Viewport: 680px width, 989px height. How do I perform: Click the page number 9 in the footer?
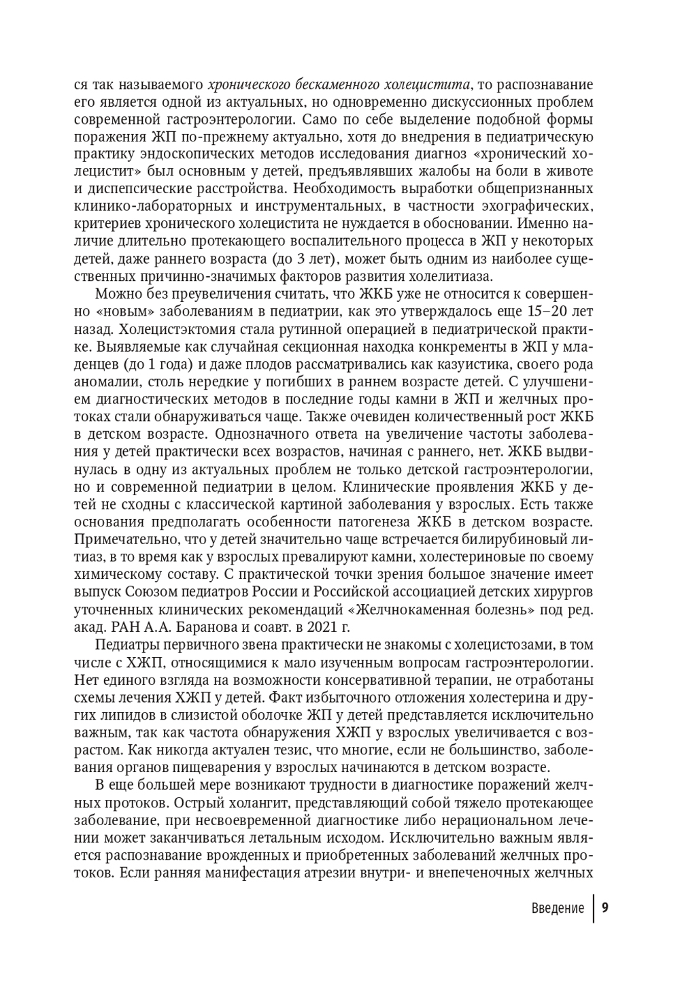point(605,908)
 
